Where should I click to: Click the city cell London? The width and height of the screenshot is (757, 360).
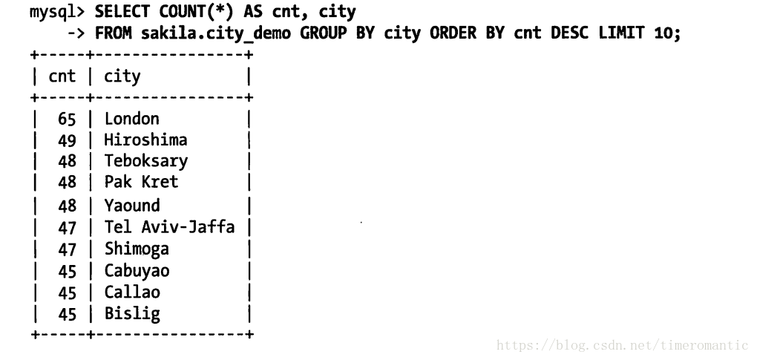[131, 119]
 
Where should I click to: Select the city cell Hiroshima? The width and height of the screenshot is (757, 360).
[145, 140]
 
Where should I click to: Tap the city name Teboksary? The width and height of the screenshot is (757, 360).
[145, 161]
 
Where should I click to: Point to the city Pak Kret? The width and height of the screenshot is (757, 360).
[141, 182]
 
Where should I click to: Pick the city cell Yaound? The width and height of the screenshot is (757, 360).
[131, 206]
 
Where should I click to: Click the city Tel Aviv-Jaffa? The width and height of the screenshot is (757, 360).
[169, 227]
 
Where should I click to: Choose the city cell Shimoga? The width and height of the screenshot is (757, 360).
[137, 249]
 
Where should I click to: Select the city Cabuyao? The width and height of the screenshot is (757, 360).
[137, 271]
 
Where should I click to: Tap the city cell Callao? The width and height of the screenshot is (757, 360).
[132, 292]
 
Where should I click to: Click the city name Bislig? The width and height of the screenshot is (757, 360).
[132, 314]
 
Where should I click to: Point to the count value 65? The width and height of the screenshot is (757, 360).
[67, 119]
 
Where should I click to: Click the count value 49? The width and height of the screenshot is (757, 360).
[67, 140]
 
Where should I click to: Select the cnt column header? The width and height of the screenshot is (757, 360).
[62, 76]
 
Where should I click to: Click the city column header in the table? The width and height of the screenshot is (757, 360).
[122, 76]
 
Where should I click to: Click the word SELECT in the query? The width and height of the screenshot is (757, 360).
[122, 13]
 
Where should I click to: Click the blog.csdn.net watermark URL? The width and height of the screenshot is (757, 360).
[623, 345]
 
